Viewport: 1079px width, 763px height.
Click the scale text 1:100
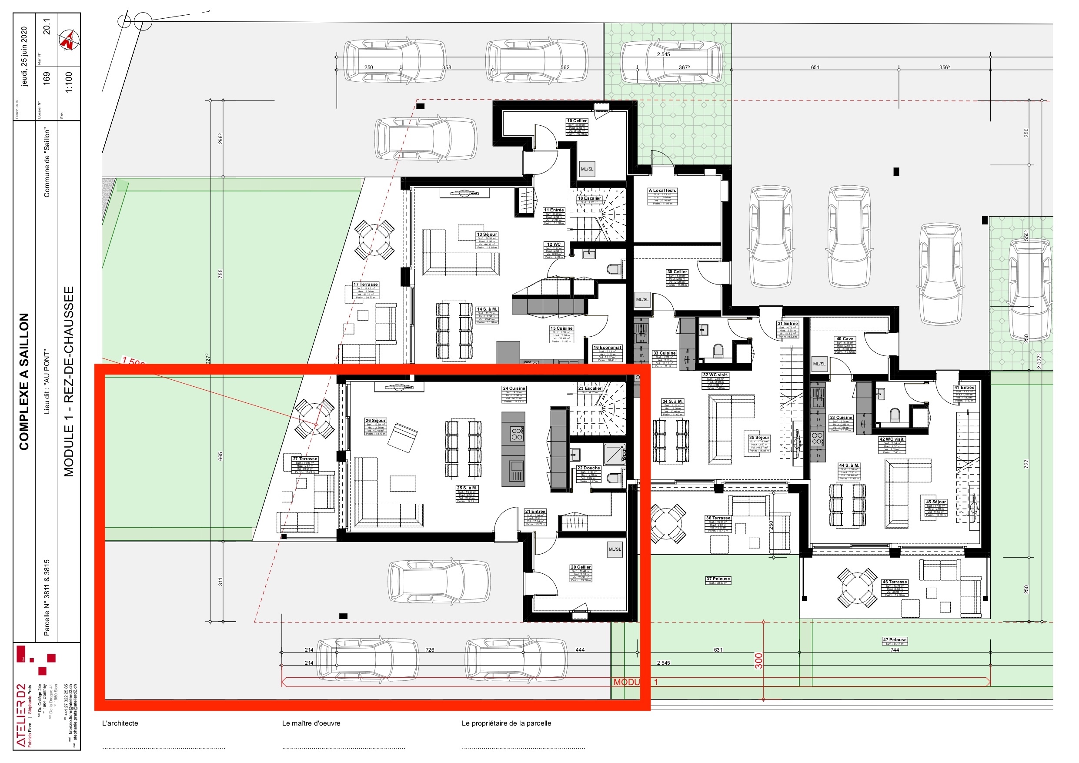pyautogui.click(x=69, y=83)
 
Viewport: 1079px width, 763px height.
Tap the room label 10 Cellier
pyautogui.click(x=577, y=121)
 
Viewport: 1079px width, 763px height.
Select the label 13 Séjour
pyautogui.click(x=487, y=234)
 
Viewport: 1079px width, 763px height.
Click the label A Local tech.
pyautogui.click(x=662, y=191)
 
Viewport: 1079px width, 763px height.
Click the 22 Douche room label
pyautogui.click(x=588, y=468)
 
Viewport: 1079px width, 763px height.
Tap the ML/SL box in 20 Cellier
pyautogui.click(x=615, y=549)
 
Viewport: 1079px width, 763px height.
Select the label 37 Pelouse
pyautogui.click(x=718, y=579)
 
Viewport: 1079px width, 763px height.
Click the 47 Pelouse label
pyautogui.click(x=894, y=640)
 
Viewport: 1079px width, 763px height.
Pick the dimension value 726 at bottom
pyautogui.click(x=430, y=650)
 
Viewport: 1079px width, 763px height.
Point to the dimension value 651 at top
pyautogui.click(x=815, y=68)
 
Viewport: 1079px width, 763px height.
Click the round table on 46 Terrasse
pyautogui.click(x=857, y=588)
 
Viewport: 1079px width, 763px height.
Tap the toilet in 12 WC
pyautogui.click(x=613, y=269)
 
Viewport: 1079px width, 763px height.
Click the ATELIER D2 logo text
pyautogui.click(x=22, y=715)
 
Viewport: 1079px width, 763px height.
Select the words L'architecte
pyautogui.click(x=120, y=723)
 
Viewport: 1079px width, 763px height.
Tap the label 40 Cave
pyautogui.click(x=845, y=339)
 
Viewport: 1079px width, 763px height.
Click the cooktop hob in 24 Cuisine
pyautogui.click(x=517, y=433)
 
